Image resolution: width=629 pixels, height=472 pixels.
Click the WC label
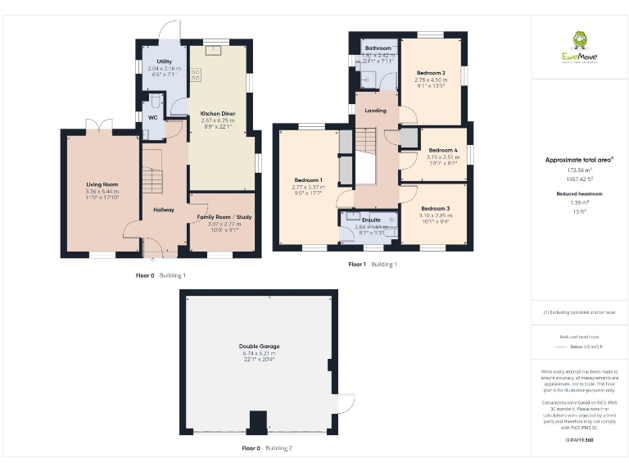152,116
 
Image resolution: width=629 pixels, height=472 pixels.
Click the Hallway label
164,210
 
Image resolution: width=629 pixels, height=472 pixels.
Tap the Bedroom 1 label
309,179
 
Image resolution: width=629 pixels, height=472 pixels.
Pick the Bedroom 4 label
442,150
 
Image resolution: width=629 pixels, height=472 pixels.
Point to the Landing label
376,110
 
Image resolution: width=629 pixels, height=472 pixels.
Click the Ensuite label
370,220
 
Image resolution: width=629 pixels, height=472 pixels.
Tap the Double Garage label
259,346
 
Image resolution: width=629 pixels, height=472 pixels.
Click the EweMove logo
579,48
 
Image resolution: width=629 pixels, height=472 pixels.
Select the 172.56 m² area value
579,170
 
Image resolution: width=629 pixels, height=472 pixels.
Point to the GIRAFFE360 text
579,441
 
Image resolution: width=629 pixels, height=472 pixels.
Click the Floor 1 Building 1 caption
373,265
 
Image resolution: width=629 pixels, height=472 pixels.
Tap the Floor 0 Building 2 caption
266,448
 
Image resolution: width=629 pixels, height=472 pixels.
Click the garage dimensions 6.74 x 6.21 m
259,354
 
